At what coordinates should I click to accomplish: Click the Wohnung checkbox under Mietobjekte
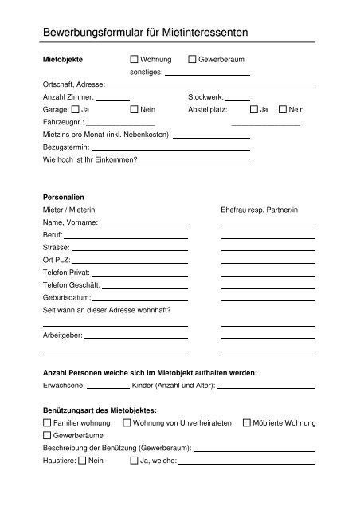(x=134, y=60)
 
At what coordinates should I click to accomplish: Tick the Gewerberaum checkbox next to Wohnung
(x=192, y=60)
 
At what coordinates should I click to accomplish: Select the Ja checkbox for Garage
(x=75, y=108)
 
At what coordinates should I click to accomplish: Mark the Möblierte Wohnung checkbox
(x=246, y=422)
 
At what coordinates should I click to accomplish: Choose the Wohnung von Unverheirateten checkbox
(x=127, y=422)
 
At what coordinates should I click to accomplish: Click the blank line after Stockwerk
(x=238, y=98)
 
